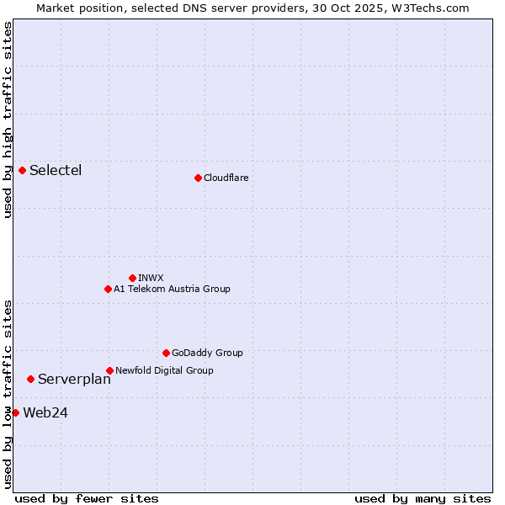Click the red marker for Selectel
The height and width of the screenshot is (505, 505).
[x=23, y=170]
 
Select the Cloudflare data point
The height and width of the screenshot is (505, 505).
[x=198, y=178]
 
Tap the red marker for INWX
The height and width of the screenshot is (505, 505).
[x=132, y=278]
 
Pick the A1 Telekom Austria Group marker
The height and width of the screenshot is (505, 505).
[x=108, y=289]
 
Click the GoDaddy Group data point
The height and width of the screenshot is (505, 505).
[x=166, y=353]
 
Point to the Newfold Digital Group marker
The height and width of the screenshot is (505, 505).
[x=109, y=370]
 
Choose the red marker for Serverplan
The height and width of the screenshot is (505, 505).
[x=31, y=379]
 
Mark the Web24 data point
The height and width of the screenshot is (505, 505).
[x=15, y=412]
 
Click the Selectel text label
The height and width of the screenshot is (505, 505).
[x=56, y=170]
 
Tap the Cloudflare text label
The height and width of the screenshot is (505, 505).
[x=226, y=178]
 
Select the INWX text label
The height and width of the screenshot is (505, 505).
[x=151, y=278]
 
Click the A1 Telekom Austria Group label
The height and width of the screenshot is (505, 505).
[x=172, y=289]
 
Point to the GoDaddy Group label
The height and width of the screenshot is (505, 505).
[x=207, y=353]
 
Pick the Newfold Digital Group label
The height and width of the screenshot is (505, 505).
[x=164, y=370]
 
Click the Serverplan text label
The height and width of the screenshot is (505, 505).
[x=74, y=379]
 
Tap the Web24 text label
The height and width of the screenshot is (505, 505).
[x=45, y=412]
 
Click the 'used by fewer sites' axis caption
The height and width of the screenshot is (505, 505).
[x=87, y=498]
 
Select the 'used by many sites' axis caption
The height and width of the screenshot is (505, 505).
[x=422, y=498]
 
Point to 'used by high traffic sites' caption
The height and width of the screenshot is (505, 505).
[x=8, y=120]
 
